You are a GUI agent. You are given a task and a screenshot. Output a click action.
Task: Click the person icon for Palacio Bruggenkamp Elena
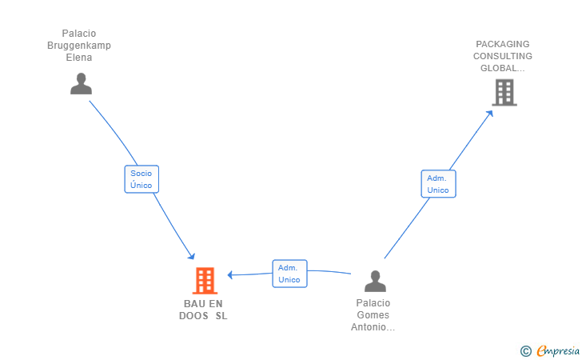tap(81, 83)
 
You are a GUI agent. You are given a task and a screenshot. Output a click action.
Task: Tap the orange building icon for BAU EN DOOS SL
tap(205, 281)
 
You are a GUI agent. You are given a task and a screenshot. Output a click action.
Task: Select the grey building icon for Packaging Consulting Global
tap(504, 93)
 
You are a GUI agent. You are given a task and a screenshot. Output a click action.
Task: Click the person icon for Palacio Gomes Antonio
tap(375, 281)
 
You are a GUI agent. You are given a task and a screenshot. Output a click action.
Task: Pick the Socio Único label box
tap(142, 179)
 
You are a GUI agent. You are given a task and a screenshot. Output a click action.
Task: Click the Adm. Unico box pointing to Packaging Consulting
tap(438, 184)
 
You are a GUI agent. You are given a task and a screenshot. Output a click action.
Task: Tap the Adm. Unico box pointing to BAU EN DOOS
tap(289, 274)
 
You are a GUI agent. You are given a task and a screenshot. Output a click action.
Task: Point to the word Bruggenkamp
tap(79, 46)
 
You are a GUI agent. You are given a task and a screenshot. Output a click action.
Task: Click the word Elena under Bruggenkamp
tap(79, 58)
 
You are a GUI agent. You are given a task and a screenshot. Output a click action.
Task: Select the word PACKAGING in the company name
tap(503, 44)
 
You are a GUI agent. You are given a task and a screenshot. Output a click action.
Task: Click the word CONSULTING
tap(503, 56)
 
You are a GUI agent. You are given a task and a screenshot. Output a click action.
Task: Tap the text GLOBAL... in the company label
tap(503, 68)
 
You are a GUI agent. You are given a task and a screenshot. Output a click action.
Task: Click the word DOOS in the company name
tap(193, 316)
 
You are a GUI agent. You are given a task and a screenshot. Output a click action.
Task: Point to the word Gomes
tap(373, 315)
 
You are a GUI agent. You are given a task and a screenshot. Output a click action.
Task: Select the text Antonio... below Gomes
tap(373, 327)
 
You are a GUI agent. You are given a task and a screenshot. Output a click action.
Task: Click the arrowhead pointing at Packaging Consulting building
tap(490, 114)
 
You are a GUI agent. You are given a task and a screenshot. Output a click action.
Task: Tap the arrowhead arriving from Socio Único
tap(192, 256)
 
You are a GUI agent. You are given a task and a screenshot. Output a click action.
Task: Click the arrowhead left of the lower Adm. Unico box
tap(230, 275)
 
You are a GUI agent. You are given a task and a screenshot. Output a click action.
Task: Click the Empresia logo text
tap(558, 350)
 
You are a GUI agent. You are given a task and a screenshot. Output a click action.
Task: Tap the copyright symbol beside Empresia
tap(526, 351)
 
